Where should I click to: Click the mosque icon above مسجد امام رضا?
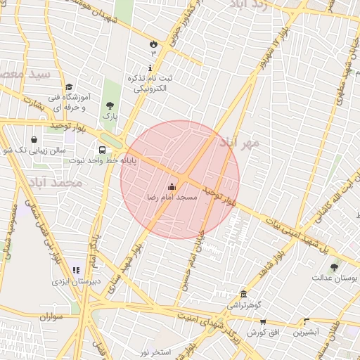[172, 187]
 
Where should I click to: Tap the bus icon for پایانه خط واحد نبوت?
[103, 150]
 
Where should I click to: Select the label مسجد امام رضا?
[172, 198]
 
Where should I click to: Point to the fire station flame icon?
[152, 44]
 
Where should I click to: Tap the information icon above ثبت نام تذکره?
[149, 67]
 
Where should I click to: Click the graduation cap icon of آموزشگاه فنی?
[69, 86]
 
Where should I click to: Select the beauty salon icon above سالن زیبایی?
[34, 139]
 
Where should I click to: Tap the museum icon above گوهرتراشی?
[243, 294]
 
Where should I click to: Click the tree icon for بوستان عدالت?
[334, 267]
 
